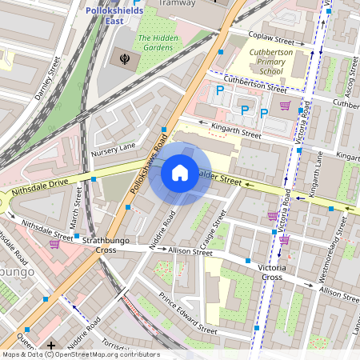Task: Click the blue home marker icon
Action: [180, 173]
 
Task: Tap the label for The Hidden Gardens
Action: [157, 42]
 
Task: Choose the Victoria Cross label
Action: [266, 271]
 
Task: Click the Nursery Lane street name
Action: [114, 149]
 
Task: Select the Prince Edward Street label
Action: [187, 313]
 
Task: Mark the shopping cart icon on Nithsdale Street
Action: [54, 244]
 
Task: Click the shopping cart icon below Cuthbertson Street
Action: [284, 105]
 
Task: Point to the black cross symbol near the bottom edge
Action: [51, 346]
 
